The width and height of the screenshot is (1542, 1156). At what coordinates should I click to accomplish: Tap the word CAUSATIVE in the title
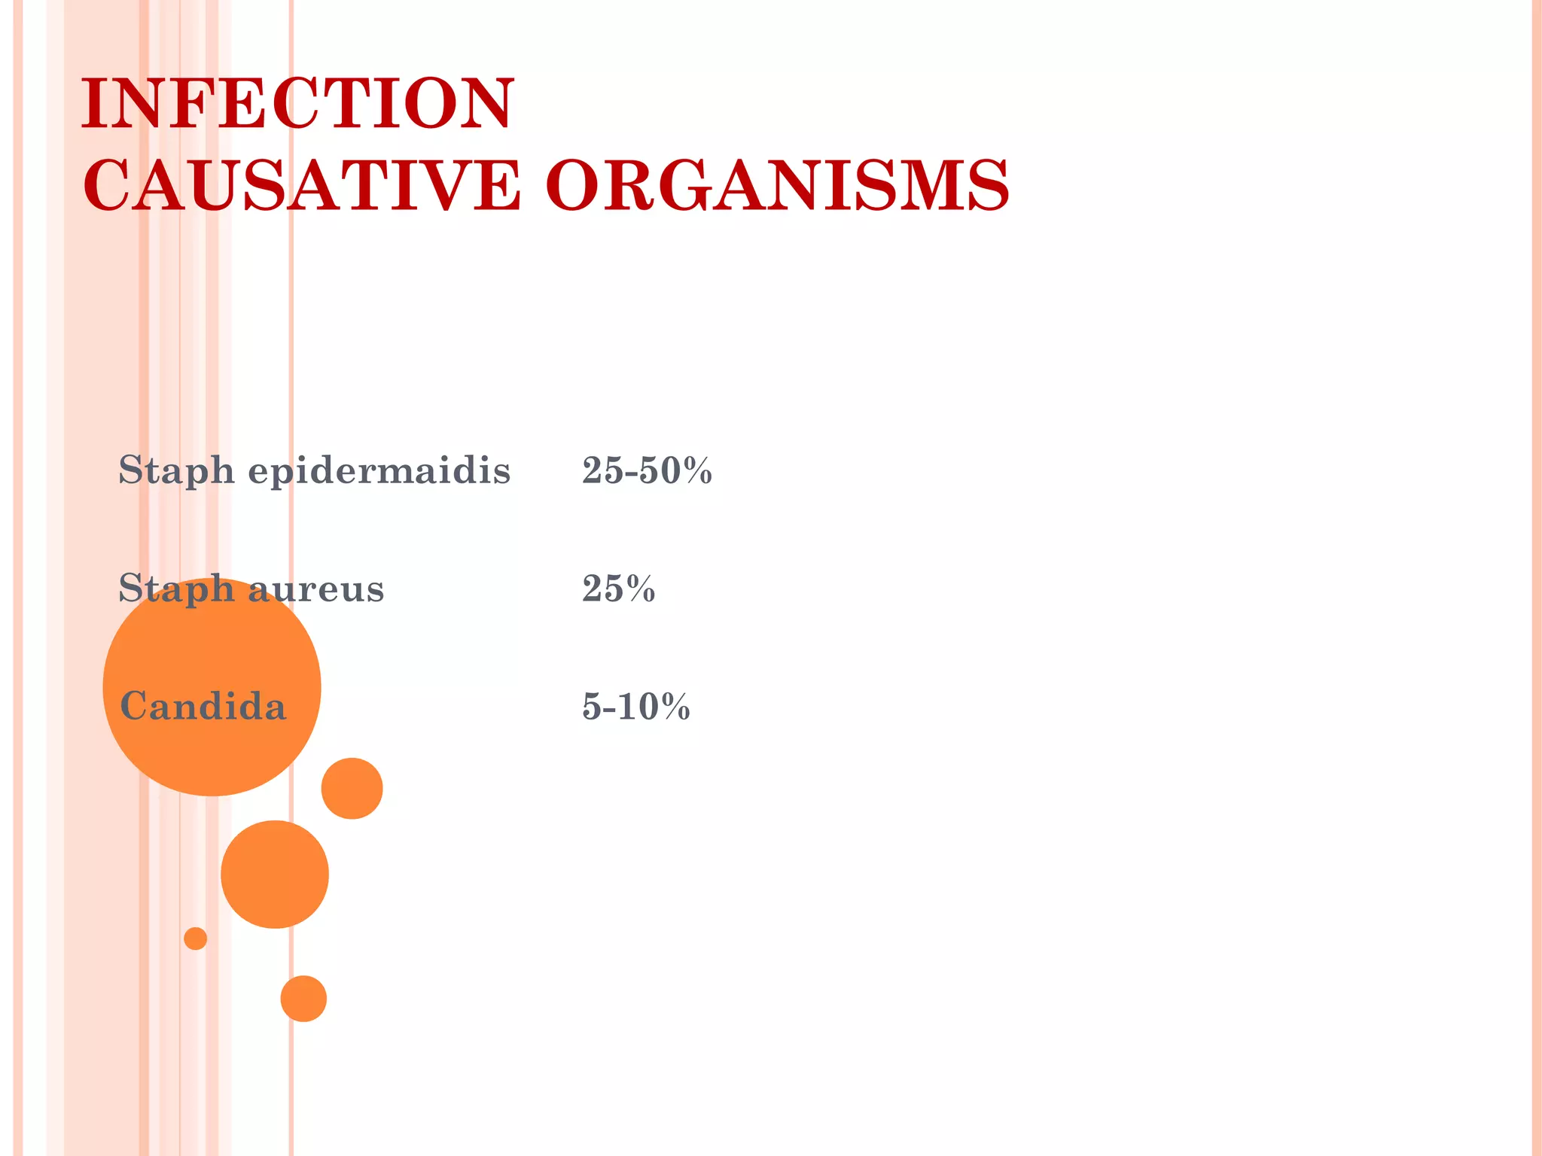point(301,185)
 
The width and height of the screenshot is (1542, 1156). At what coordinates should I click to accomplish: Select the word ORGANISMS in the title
point(777,185)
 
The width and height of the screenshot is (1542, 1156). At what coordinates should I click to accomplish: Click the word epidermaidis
point(379,472)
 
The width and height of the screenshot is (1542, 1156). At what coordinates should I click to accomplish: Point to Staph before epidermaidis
point(176,472)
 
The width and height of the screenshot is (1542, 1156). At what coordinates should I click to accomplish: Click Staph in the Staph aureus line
point(176,589)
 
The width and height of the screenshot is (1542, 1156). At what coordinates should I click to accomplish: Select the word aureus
point(316,589)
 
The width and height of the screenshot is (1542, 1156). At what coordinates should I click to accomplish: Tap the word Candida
point(203,707)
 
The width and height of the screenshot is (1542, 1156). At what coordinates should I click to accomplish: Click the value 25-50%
point(647,471)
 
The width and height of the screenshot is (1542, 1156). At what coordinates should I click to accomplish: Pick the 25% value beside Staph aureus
point(618,589)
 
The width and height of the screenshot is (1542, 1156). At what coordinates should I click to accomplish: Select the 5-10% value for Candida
point(635,707)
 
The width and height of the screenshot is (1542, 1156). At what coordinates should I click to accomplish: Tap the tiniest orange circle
point(195,938)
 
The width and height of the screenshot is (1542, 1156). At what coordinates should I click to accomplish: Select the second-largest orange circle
point(275,874)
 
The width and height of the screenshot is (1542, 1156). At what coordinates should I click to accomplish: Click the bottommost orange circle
point(303,999)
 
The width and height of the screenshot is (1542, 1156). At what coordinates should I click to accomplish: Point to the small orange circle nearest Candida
point(352,788)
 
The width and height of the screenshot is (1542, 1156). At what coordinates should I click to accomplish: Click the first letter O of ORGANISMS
point(574,185)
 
